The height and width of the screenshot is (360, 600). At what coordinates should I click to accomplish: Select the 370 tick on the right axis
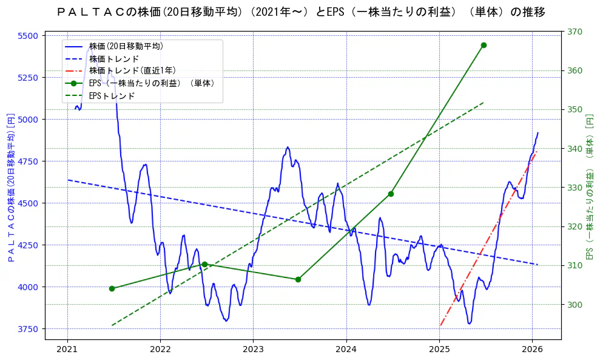coord(575,32)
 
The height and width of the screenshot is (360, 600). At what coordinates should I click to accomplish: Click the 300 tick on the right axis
coord(575,304)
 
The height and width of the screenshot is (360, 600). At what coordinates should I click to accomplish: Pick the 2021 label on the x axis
coord(67,350)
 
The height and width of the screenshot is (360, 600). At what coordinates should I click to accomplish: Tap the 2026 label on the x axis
coord(532,350)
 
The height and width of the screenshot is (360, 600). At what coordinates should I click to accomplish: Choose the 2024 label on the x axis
coord(346,350)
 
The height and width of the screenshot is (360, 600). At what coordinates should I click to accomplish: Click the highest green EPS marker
coord(484,45)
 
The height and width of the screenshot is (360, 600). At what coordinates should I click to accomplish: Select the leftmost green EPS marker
coord(112,288)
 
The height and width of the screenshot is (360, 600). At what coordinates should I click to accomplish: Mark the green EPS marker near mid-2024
coord(391,194)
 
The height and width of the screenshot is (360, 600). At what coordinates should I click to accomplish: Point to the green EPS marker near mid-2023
coord(298,279)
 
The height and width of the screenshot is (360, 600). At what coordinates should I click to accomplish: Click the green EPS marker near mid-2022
coord(204,264)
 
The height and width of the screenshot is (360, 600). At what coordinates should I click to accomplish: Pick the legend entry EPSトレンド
coord(112,96)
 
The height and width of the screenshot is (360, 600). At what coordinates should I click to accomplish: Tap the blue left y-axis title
coord(10,188)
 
